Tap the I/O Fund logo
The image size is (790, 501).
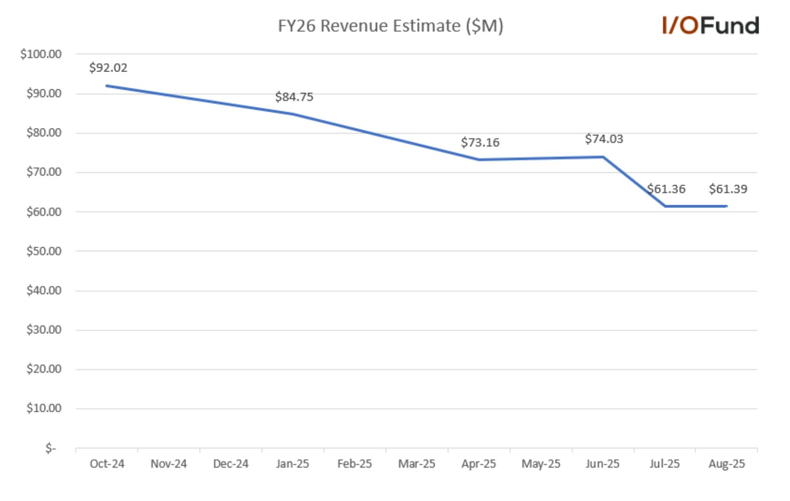[x=711, y=25]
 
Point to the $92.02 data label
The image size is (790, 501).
[x=108, y=67]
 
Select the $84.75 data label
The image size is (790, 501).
[x=294, y=97]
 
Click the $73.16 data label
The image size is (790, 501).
[x=480, y=143]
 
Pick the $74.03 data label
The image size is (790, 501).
[x=604, y=139]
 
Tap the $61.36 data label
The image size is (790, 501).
[x=666, y=189]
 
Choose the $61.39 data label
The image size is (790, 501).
[x=728, y=189]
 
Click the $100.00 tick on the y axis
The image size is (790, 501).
[x=41, y=54]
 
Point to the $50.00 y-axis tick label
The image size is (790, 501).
[x=44, y=251]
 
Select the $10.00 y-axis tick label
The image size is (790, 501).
[x=44, y=408]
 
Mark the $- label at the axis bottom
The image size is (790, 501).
[x=50, y=448]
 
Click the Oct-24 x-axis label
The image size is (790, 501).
[x=107, y=464]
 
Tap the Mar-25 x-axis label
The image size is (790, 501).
[x=417, y=464]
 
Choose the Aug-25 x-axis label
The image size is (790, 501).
[x=726, y=464]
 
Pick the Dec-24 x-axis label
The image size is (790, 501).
[x=230, y=464]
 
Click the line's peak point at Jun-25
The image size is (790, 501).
[x=603, y=157]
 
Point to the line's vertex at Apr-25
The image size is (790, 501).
[x=479, y=160]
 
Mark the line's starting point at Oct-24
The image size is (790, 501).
[x=107, y=86]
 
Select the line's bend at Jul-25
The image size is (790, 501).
[x=665, y=206]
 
